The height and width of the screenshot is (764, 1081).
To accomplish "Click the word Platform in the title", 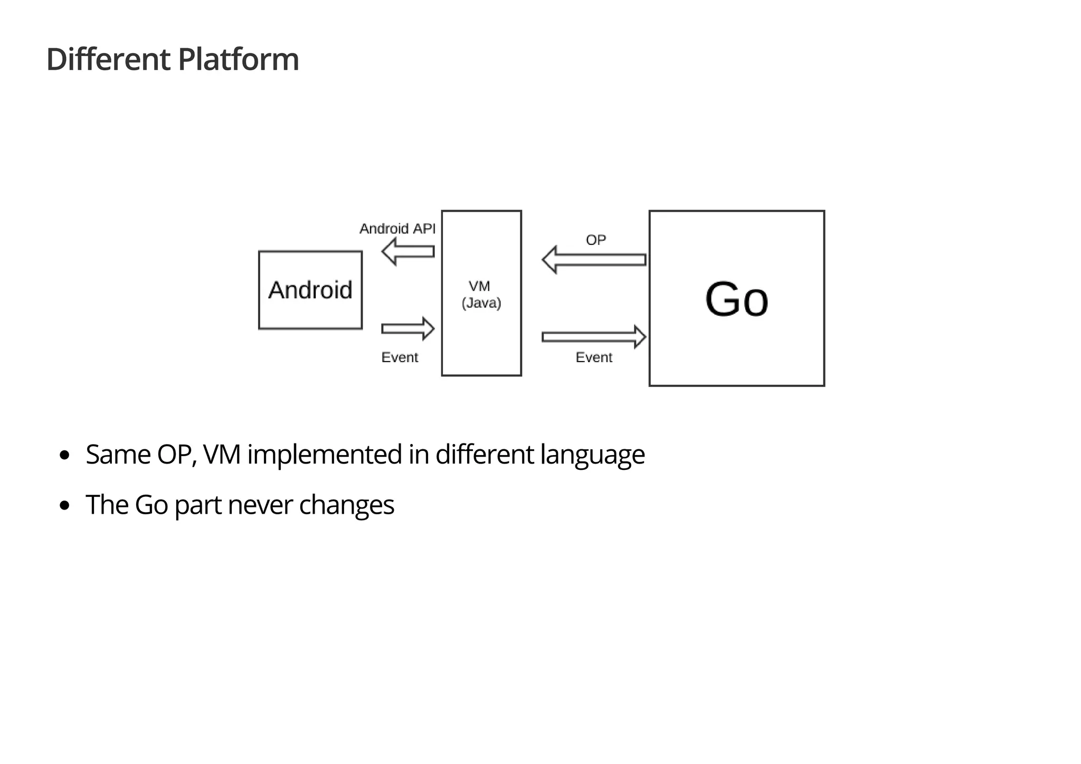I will tap(239, 59).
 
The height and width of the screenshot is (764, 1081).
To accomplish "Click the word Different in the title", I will tap(108, 59).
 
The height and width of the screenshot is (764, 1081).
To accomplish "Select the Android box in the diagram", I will tap(310, 290).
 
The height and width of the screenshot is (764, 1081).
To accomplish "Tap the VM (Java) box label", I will tap(481, 294).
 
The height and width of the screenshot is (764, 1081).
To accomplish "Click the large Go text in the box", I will tap(736, 299).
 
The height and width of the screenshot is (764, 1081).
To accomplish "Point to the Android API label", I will tap(397, 229).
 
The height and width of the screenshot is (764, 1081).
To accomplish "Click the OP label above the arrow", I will tap(595, 240).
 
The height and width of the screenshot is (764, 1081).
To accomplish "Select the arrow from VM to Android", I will tap(407, 251).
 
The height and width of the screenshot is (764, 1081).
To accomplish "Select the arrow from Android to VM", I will tap(407, 329).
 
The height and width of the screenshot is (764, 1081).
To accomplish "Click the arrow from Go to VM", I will tap(594, 260).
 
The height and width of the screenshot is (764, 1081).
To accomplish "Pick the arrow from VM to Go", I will tap(594, 337).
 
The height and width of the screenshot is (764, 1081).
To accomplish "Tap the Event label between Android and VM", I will tap(400, 357).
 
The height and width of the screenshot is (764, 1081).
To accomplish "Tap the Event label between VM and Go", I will tap(594, 357).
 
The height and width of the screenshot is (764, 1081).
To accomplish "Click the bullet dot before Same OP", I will tap(65, 455).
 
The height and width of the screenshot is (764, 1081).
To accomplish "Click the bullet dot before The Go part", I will tap(65, 506).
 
